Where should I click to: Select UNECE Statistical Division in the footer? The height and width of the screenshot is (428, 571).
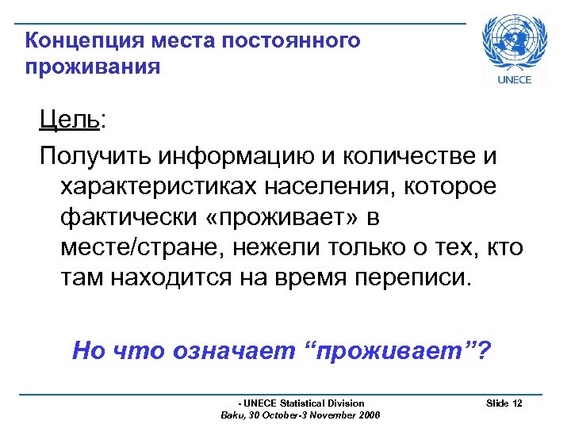click(305, 403)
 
